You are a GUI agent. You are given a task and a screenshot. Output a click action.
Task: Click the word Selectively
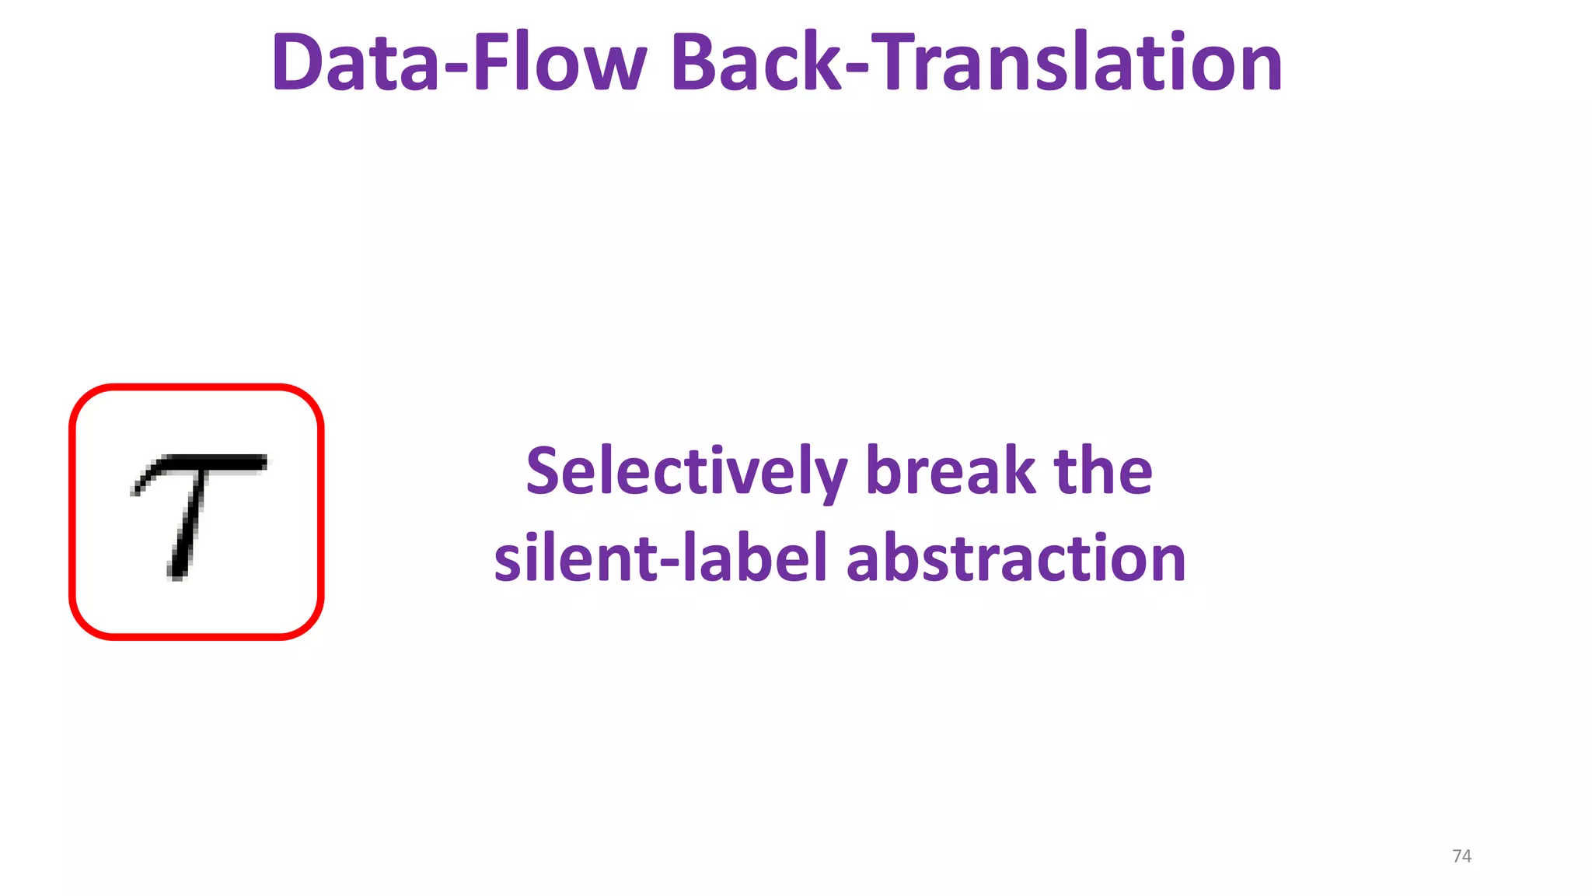[x=686, y=473]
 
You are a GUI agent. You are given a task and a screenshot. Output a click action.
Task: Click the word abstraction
[x=1016, y=558]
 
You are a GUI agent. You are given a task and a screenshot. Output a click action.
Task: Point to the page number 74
[x=1461, y=856]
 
